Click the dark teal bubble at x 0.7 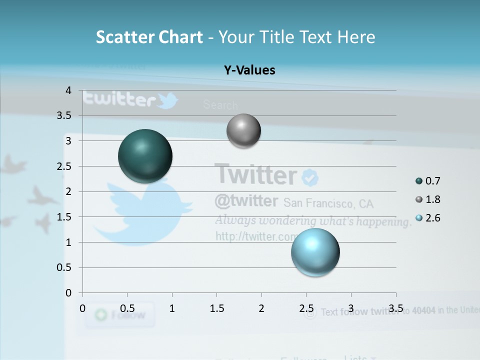pos(145,156)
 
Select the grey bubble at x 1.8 pos(243,131)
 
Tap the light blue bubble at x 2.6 pos(315,252)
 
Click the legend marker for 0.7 pos(419,181)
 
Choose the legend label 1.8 pos(433,199)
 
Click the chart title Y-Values pos(249,70)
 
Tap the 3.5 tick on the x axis pos(396,308)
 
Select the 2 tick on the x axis pos(261,308)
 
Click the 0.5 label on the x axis pos(127,308)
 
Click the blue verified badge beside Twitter pos(310,177)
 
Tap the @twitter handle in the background pos(246,201)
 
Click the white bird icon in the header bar pos(167,100)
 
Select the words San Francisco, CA pos(328,203)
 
